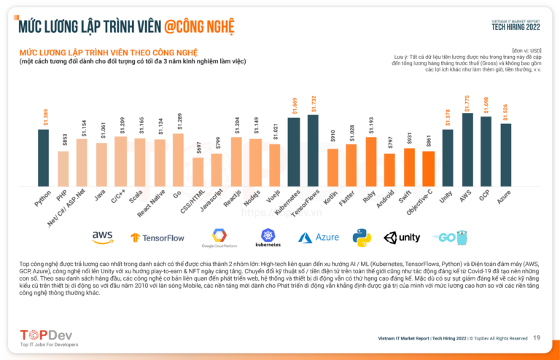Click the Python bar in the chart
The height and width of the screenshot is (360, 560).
pyautogui.click(x=44, y=157)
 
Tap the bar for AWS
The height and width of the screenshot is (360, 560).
pyautogui.click(x=467, y=150)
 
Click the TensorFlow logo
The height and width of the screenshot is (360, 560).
pyautogui.click(x=157, y=238)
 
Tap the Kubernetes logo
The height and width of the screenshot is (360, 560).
pyautogui.click(x=268, y=238)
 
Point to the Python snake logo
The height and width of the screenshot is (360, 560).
pyautogui.click(x=362, y=238)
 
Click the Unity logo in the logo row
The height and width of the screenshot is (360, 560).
pyautogui.click(x=402, y=238)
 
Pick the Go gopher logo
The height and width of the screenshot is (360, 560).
pyautogui.click(x=449, y=238)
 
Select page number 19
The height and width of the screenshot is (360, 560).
pyautogui.click(x=537, y=337)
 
